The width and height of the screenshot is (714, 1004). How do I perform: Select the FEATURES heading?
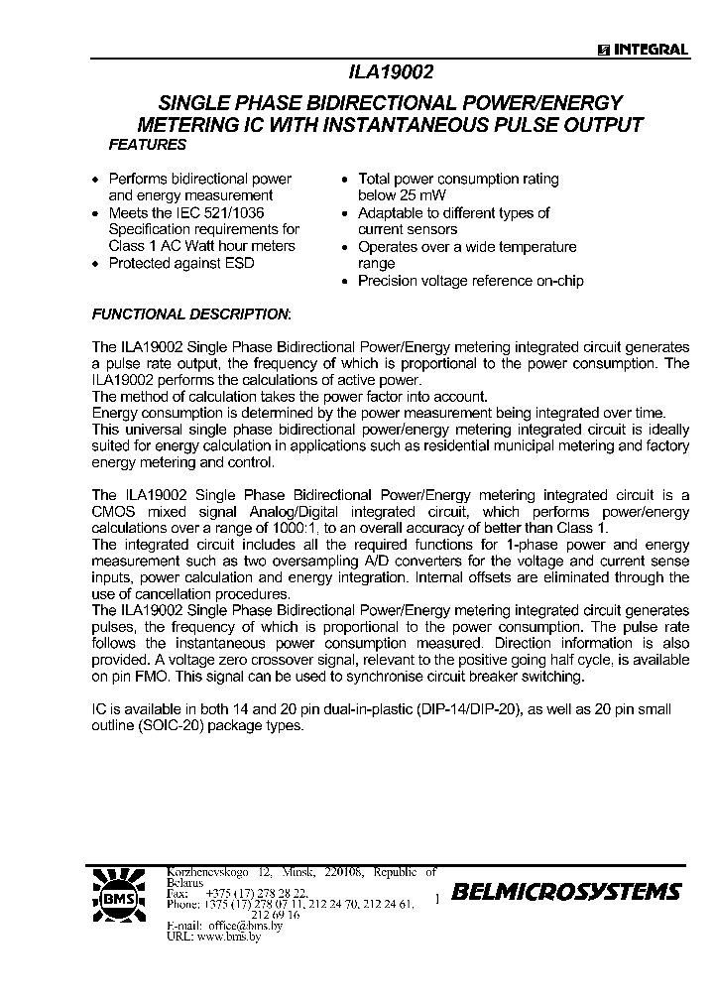pyautogui.click(x=147, y=145)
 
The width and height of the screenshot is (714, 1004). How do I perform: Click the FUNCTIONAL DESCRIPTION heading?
pyautogui.click(x=191, y=314)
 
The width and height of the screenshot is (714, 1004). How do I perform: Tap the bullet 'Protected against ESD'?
pyautogui.click(x=180, y=263)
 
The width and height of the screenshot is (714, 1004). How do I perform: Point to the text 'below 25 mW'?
pyautogui.click(x=402, y=195)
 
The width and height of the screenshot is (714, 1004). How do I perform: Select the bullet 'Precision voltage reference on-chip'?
pyautogui.click(x=470, y=281)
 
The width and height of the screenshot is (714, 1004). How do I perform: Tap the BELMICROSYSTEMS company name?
pyautogui.click(x=566, y=892)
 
